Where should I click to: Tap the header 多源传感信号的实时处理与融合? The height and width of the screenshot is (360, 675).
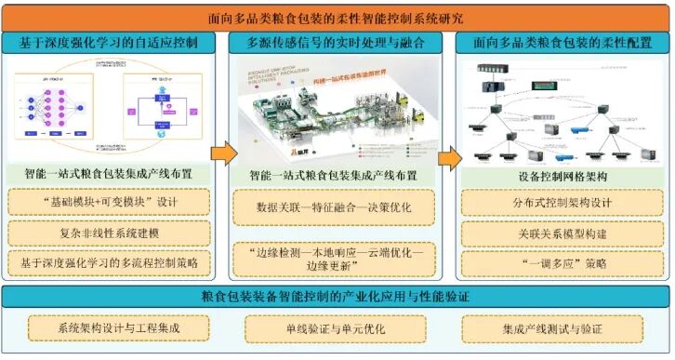[334, 43]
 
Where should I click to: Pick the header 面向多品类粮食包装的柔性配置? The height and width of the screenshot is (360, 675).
[561, 43]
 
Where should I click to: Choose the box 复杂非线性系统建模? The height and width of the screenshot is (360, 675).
[111, 232]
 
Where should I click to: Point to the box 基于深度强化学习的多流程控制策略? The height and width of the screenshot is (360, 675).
[111, 263]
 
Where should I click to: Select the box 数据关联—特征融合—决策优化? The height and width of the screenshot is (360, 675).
[334, 207]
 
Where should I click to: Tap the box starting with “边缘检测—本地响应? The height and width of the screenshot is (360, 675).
[334, 256]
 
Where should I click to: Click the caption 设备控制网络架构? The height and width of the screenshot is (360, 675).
[562, 175]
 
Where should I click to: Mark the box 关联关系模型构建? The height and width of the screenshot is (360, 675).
[562, 233]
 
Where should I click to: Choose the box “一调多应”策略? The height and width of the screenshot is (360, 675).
[562, 263]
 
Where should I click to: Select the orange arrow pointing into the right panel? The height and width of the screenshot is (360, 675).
[449, 154]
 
